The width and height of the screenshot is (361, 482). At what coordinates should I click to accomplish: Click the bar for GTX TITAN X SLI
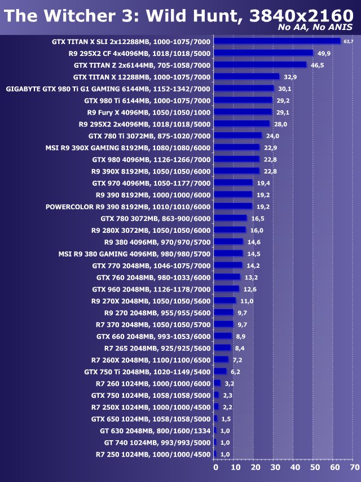coord(278,41)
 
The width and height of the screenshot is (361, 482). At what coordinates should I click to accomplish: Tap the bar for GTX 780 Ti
coord(238,136)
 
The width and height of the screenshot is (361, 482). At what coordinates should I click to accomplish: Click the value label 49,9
coord(324,53)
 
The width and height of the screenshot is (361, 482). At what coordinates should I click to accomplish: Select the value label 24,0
coord(272,136)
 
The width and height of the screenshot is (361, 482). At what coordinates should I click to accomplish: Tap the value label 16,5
coord(258,218)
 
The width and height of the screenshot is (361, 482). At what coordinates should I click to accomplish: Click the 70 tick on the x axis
coord(354,468)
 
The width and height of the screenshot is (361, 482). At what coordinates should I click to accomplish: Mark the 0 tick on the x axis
coord(215,468)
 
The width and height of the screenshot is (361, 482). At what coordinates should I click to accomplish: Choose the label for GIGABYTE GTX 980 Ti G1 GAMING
coord(108,89)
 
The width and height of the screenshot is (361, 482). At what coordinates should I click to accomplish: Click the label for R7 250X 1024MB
coord(151,407)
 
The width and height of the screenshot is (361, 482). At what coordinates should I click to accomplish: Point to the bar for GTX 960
coord(227,289)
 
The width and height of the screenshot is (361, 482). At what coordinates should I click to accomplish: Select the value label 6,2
coord(235,371)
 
